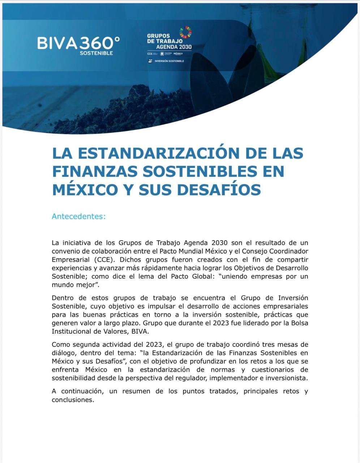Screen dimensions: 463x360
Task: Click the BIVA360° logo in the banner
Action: pyautogui.click(x=78, y=43)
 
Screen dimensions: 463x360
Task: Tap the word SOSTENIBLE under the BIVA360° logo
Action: pyautogui.click(x=96, y=53)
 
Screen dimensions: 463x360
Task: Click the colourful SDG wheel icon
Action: pyautogui.click(x=185, y=32)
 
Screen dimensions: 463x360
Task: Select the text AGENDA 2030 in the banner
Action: pyautogui.click(x=173, y=47)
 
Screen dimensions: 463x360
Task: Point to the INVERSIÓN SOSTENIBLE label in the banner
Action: pyautogui.click(x=169, y=61)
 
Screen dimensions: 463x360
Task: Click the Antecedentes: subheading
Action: pyautogui.click(x=78, y=216)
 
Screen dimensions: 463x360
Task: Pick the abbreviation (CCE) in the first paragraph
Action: pyautogui.click(x=106, y=259)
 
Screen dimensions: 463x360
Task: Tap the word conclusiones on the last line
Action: pyautogui.click(x=72, y=400)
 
